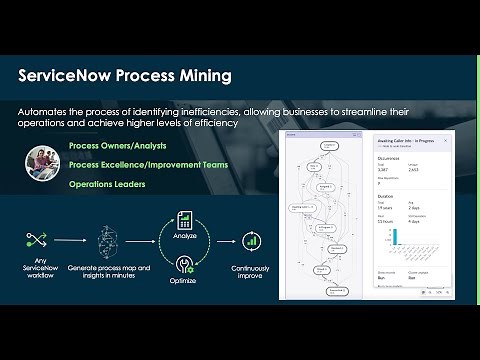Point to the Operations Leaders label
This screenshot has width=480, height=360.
point(108,185)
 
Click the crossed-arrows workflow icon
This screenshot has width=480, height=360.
point(35,240)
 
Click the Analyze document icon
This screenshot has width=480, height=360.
point(184,218)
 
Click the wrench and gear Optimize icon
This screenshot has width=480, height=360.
point(184,263)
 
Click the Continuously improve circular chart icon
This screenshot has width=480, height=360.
point(252,241)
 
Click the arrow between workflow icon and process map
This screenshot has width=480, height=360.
point(68,241)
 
